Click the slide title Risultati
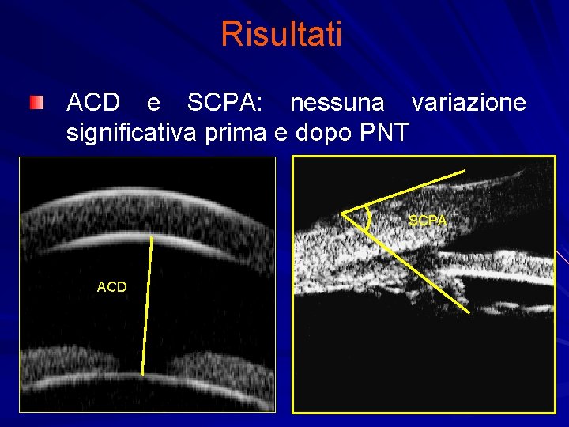click(x=281, y=34)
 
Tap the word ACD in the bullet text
click(x=93, y=103)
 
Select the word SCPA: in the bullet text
click(x=224, y=103)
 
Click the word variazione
click(x=469, y=103)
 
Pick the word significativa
click(x=132, y=132)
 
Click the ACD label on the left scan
click(x=111, y=287)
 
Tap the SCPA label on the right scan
click(x=428, y=221)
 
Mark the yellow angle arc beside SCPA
click(x=368, y=219)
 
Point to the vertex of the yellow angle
click(x=341, y=212)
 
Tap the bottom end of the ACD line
click(x=143, y=373)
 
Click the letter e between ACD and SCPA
click(x=153, y=104)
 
